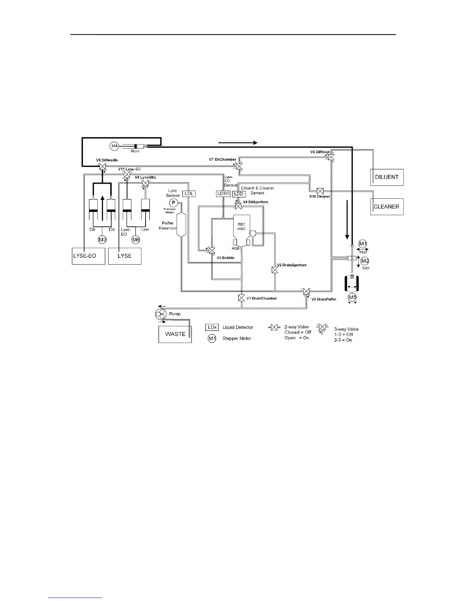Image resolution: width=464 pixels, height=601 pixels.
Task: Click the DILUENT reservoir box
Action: coord(387,177)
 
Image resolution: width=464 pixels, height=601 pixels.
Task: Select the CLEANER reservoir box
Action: coord(387,207)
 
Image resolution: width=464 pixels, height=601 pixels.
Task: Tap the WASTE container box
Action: coord(175,334)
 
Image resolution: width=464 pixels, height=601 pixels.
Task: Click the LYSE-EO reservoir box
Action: coord(89,256)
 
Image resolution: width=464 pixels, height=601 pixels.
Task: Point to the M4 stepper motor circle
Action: coord(114,146)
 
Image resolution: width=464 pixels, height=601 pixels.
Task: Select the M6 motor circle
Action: coord(136,239)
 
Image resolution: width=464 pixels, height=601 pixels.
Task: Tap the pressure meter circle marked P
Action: coord(173,203)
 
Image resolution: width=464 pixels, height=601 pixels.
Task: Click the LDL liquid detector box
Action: coord(189,194)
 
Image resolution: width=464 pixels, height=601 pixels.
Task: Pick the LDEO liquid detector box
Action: coord(223,194)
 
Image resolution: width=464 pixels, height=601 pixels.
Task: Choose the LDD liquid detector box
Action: coord(238,194)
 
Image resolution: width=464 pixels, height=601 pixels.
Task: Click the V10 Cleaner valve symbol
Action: coord(320,190)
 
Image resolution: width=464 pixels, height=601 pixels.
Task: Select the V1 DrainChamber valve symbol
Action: coord(241,298)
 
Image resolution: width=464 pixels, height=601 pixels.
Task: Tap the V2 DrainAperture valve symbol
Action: coord(275,270)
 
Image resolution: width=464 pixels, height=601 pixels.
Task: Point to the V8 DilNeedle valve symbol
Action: coord(102,166)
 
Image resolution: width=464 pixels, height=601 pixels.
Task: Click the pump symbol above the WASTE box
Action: coord(161,314)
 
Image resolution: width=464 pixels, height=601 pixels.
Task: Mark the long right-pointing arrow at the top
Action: coord(238,143)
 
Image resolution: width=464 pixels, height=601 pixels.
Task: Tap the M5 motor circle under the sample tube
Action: coord(353,297)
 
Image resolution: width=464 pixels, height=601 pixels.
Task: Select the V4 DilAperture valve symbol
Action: coord(238,206)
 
